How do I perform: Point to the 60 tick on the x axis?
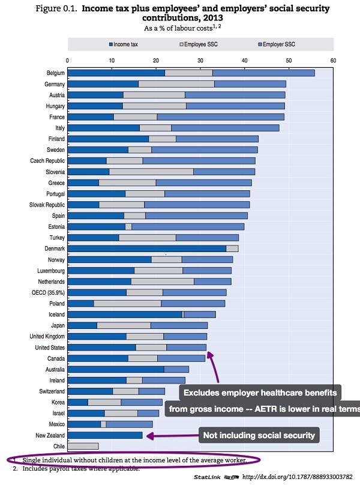(332, 60)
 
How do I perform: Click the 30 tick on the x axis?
(200, 60)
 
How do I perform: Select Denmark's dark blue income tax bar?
(146, 248)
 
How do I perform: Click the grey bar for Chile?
(83, 446)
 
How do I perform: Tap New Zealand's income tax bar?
(105, 435)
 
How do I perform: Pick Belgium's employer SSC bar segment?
(263, 73)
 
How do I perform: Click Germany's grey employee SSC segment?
(176, 84)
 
